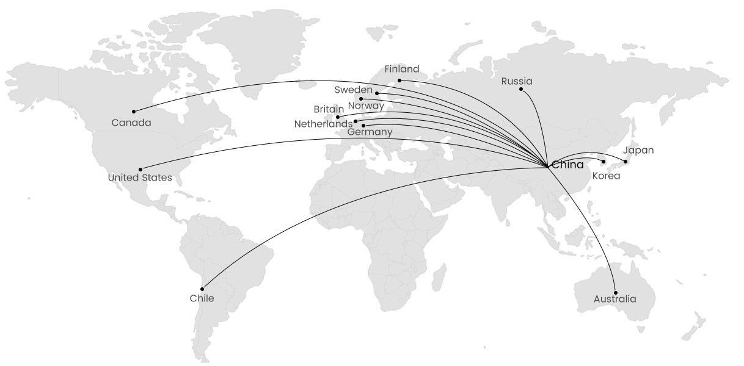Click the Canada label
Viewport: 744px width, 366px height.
pyautogui.click(x=131, y=123)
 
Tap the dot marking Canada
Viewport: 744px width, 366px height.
pyautogui.click(x=134, y=112)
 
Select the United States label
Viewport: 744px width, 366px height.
pyautogui.click(x=140, y=178)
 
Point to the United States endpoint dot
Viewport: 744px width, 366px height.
pyautogui.click(x=140, y=169)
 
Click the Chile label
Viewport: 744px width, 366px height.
pyautogui.click(x=202, y=298)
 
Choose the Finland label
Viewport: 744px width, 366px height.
pyautogui.click(x=402, y=70)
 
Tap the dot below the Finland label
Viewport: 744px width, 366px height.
pyautogui.click(x=399, y=81)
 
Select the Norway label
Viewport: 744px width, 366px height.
pyautogui.click(x=366, y=106)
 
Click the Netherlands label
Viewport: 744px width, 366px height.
pyautogui.click(x=324, y=124)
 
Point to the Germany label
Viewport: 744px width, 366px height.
pyautogui.click(x=370, y=132)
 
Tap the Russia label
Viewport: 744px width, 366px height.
pyautogui.click(x=517, y=81)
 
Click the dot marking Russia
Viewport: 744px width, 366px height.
pyautogui.click(x=521, y=90)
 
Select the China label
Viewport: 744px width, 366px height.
pyautogui.click(x=568, y=165)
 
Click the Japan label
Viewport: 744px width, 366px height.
pyautogui.click(x=638, y=150)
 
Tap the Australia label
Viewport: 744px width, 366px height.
pyautogui.click(x=615, y=299)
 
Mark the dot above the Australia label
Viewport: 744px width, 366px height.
pyautogui.click(x=616, y=293)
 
